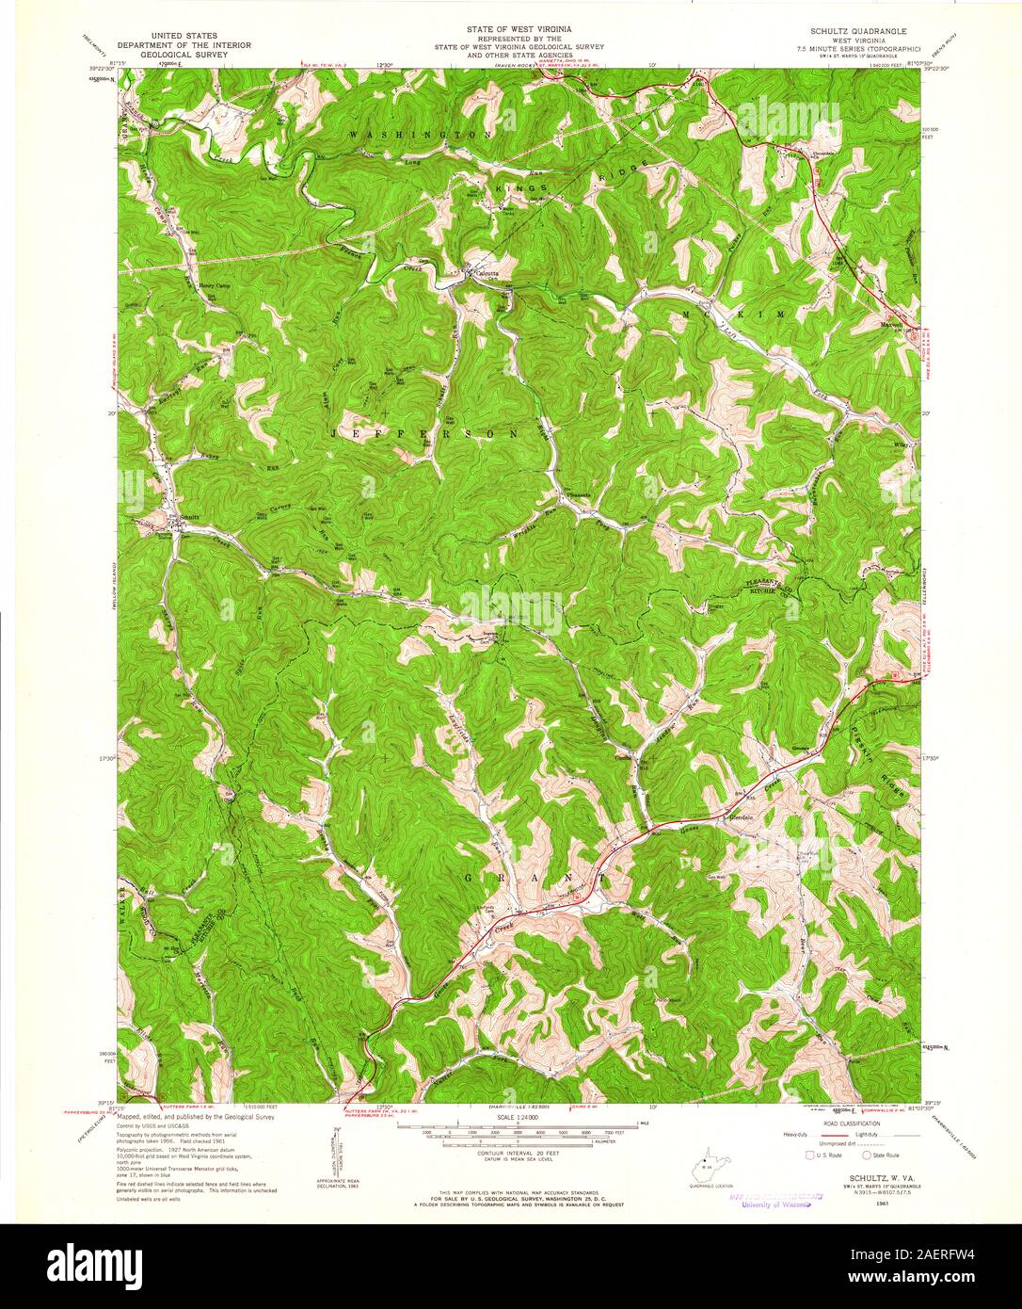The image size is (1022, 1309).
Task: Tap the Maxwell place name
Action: (x=891, y=322)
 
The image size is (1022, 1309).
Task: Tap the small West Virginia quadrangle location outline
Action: (x=703, y=1172)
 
